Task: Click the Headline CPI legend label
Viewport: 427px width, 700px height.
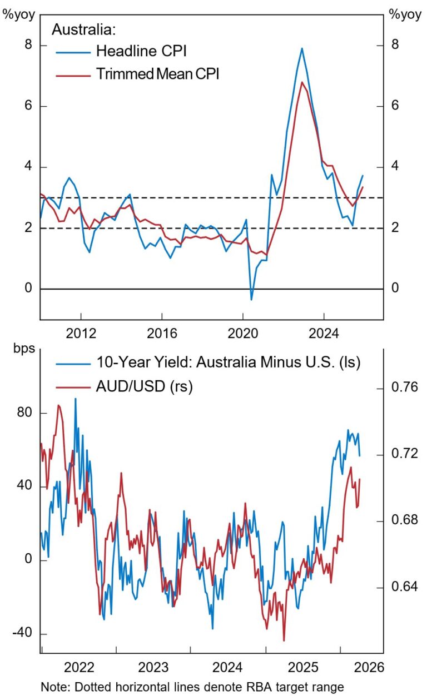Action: [141, 52]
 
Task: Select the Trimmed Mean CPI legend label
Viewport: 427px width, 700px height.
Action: [157, 74]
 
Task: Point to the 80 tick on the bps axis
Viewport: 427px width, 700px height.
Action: [24, 413]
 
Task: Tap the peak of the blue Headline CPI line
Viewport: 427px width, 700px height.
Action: [302, 48]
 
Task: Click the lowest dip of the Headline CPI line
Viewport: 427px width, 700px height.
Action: [251, 300]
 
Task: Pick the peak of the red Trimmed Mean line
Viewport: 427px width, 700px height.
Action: [301, 82]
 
